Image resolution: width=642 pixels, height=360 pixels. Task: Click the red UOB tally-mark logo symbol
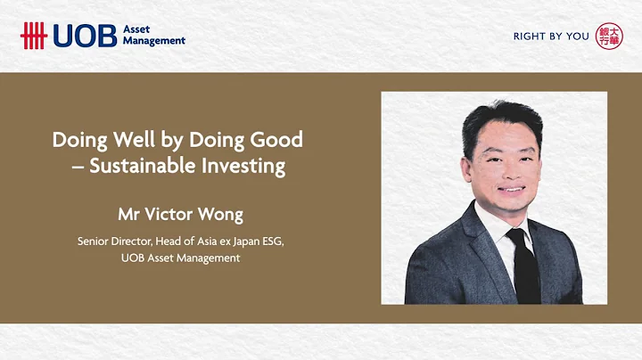[x=34, y=36]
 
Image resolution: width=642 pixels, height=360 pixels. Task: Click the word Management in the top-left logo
[x=154, y=41]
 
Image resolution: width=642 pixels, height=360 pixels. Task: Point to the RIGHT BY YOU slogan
[x=551, y=37]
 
